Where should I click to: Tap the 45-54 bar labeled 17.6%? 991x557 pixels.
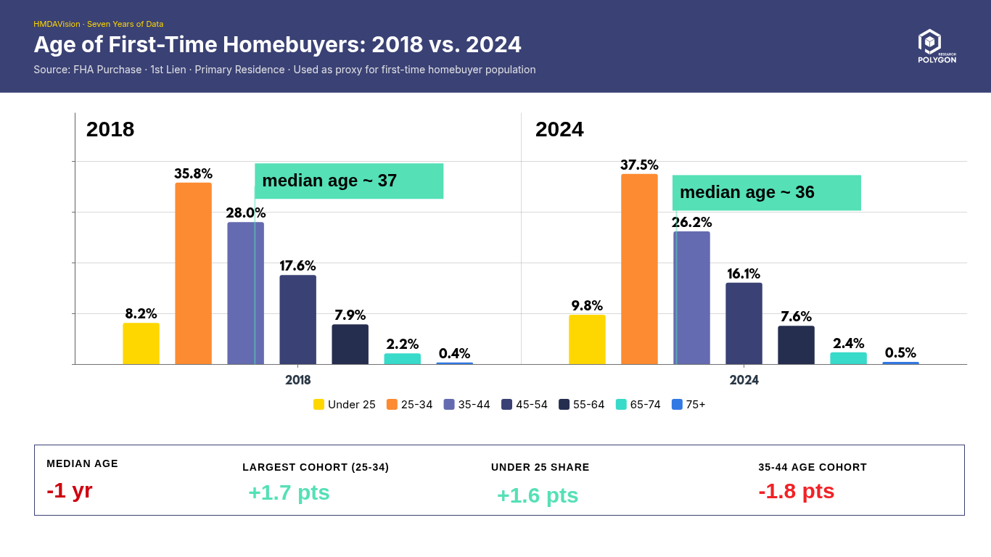297,320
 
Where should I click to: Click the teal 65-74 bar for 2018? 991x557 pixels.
402,359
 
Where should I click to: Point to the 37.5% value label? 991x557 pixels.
639,165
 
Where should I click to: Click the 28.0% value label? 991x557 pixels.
245,213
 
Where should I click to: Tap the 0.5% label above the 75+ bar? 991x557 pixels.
900,353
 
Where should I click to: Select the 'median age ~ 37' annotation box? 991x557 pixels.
349,181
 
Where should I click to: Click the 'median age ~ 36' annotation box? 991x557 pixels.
767,193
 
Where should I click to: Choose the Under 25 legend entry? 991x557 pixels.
345,405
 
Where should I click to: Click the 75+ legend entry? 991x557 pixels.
688,405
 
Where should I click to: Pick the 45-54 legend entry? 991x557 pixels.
525,405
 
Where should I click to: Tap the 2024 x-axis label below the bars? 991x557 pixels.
744,380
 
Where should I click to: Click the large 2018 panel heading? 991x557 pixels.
110,129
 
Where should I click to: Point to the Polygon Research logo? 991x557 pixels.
936,46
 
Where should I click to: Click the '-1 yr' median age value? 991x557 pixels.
70,491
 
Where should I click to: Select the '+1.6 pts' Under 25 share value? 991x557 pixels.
538,495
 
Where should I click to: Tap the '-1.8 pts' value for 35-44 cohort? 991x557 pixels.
796,491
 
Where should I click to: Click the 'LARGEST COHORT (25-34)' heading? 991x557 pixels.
316,467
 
